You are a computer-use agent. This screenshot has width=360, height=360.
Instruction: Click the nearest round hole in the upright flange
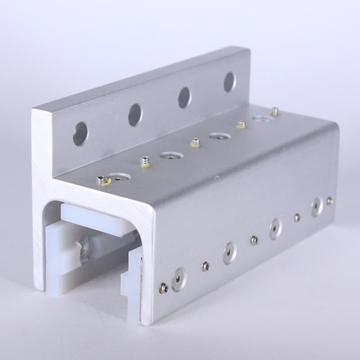tap(80, 133)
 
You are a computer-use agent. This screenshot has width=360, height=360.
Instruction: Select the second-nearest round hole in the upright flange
tap(135, 114)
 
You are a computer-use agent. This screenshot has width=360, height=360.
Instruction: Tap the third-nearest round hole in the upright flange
tap(184, 96)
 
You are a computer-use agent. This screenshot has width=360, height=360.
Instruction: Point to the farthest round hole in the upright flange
tap(229, 81)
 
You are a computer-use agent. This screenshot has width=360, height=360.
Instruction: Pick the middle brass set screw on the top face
tap(194, 143)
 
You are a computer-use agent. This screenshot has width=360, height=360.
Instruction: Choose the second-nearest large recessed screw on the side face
tap(228, 252)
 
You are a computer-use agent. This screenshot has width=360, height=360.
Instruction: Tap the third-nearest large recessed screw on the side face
tap(275, 228)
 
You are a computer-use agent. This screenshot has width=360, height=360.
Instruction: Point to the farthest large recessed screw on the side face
tap(317, 207)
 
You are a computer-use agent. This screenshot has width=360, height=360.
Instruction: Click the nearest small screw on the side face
tap(163, 289)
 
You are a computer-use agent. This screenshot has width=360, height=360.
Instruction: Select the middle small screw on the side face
tap(253, 240)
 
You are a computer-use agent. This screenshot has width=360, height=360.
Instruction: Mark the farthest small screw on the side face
tap(330, 201)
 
